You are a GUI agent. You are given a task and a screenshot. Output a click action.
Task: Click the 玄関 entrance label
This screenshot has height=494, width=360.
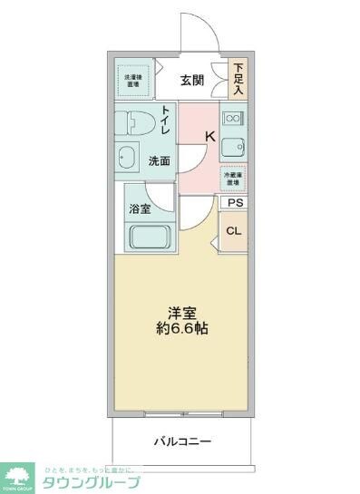tap(191, 80)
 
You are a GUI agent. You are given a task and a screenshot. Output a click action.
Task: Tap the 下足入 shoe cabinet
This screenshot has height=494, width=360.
tap(238, 80)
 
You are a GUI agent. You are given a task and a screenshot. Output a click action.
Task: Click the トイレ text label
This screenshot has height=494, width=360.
tap(167, 121)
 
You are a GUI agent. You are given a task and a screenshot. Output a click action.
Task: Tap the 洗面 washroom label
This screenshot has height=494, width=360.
tap(160, 161)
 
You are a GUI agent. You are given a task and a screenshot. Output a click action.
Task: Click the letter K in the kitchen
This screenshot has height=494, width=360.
tap(209, 137)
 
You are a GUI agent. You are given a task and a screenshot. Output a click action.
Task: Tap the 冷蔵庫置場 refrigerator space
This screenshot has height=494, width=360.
tap(233, 178)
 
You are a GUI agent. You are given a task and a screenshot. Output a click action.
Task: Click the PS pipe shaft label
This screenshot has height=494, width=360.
tap(235, 204)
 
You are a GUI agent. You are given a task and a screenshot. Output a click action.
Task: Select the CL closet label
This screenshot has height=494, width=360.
tap(234, 231)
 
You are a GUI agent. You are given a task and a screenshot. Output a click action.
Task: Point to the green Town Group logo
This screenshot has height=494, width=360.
tap(18, 475)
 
